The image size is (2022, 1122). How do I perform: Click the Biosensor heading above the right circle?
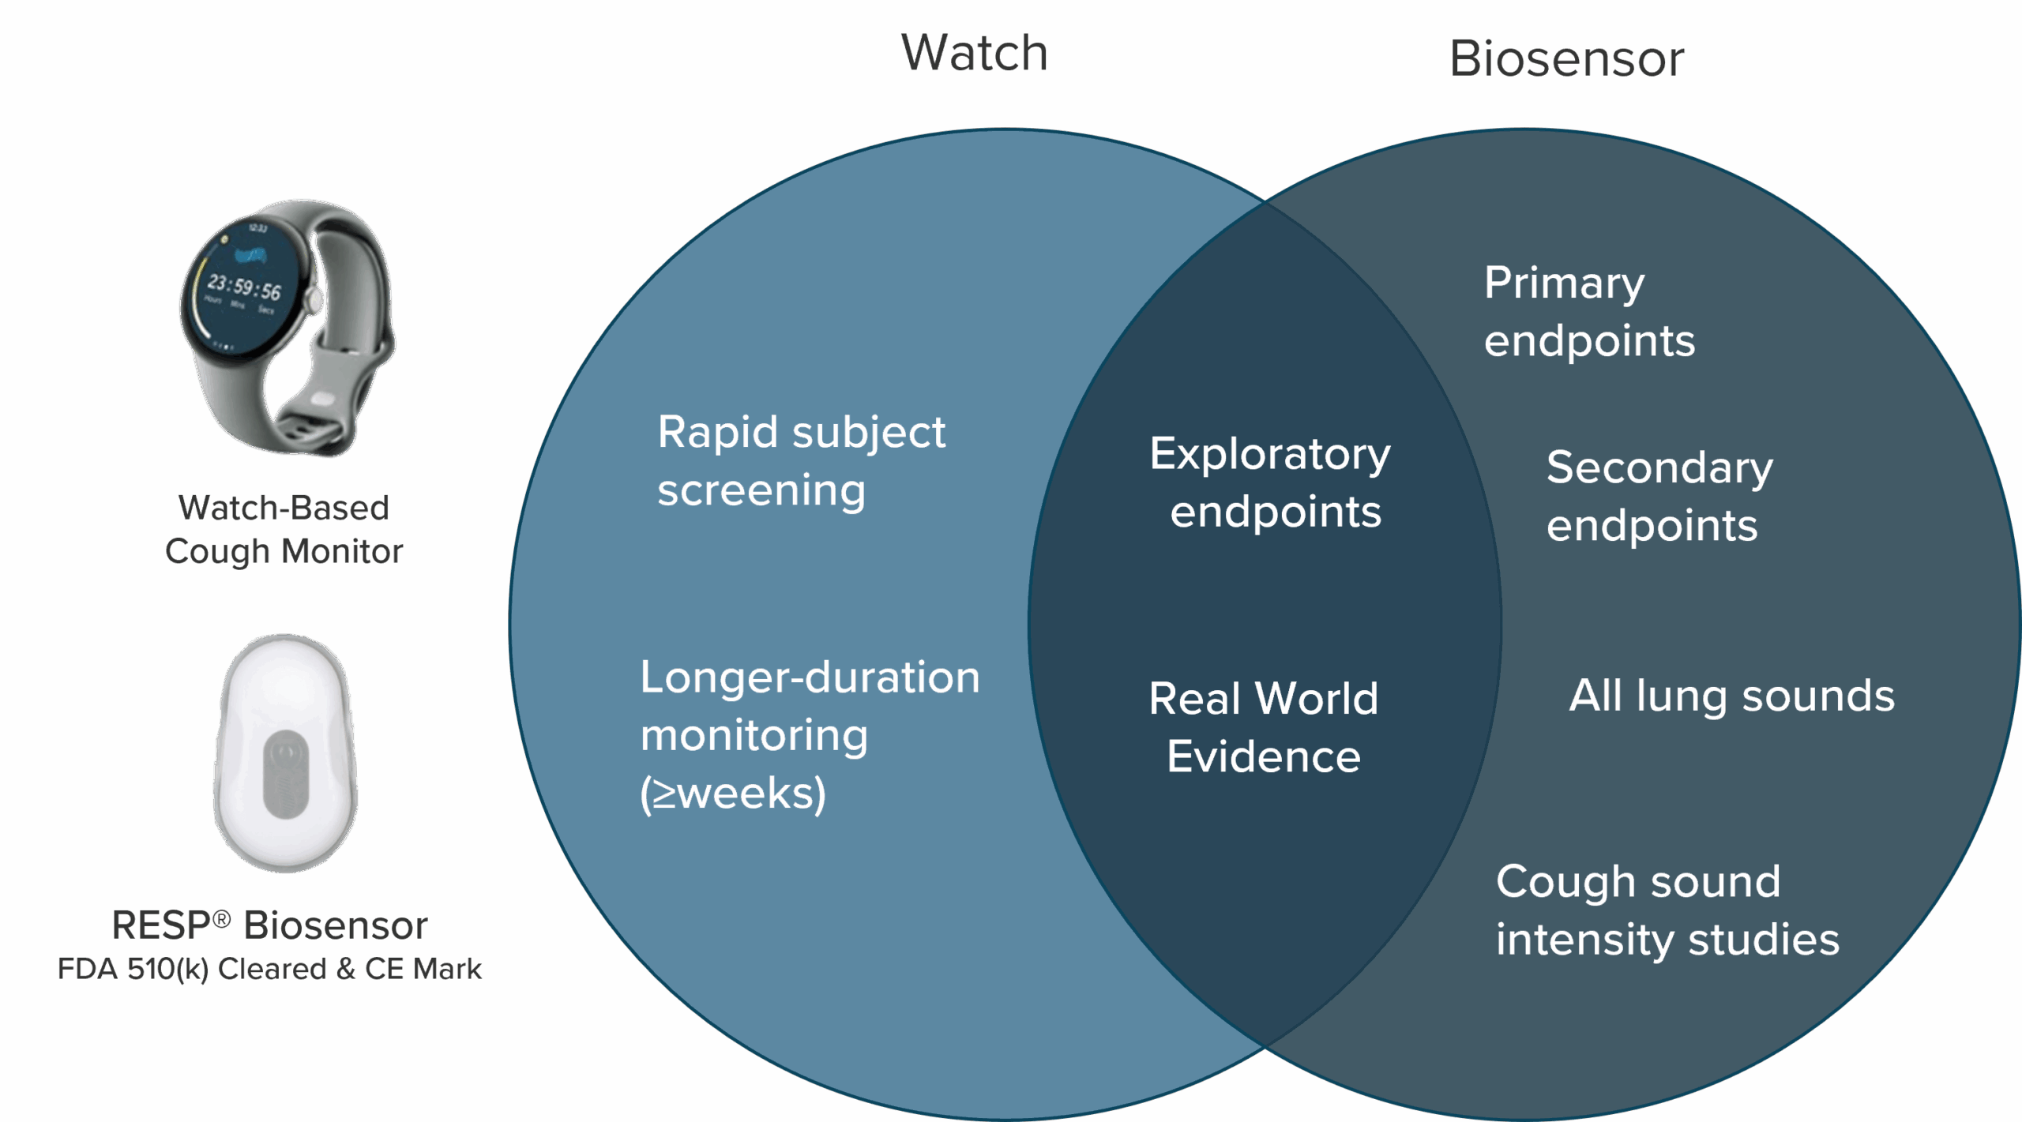[x=1567, y=59]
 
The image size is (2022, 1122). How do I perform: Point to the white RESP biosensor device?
[x=285, y=754]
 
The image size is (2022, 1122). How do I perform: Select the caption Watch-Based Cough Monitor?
[x=284, y=529]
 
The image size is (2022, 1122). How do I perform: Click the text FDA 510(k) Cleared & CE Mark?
[x=269, y=969]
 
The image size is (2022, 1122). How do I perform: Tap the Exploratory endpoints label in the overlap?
[x=1270, y=482]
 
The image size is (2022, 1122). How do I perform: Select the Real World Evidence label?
[x=1264, y=727]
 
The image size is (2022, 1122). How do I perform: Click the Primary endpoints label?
[x=1589, y=311]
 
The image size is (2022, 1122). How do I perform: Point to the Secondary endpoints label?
[x=1659, y=496]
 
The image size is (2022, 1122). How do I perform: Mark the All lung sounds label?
[x=1731, y=696]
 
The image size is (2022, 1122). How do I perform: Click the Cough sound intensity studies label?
[x=1667, y=910]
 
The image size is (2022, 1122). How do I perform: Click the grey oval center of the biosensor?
[x=285, y=775]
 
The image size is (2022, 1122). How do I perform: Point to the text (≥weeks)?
[x=733, y=794]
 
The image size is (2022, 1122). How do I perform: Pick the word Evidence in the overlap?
[x=1264, y=756]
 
